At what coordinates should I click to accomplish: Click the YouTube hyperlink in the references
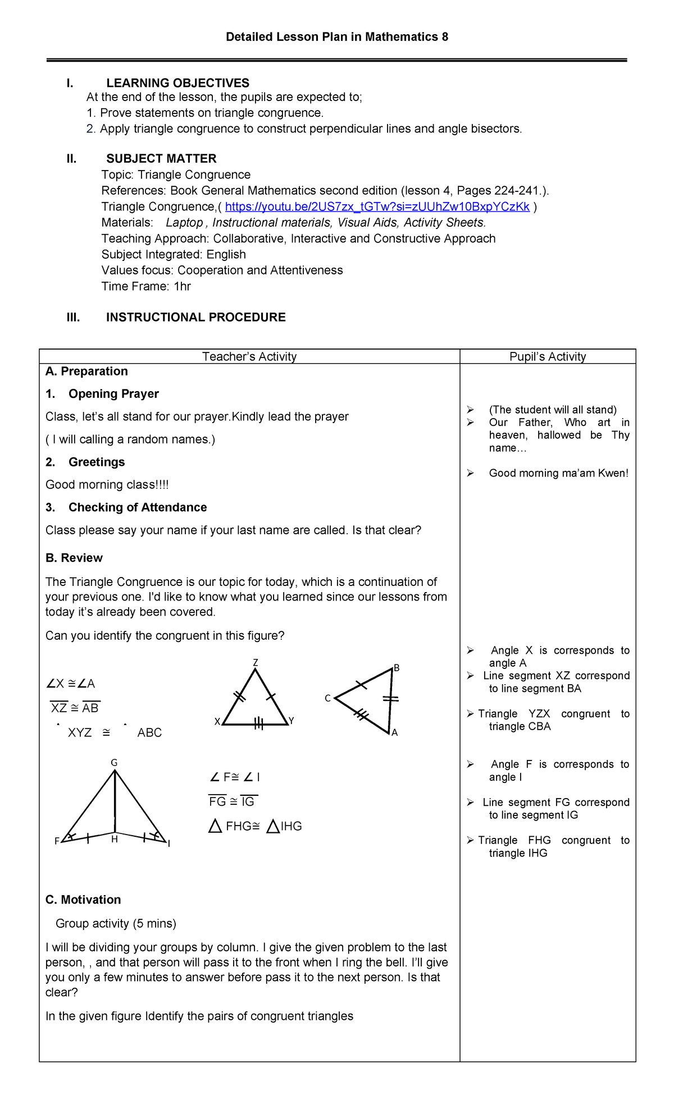[377, 207]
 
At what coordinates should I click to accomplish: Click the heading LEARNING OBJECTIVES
[177, 83]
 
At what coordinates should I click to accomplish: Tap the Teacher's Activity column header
[249, 356]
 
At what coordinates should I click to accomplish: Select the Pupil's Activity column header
[548, 356]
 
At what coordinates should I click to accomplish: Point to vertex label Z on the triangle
[256, 662]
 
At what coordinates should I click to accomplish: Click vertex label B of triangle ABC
[397, 668]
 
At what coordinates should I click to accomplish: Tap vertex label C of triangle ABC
[327, 699]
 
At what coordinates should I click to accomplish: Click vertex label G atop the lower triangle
[114, 763]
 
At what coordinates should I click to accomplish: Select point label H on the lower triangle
[115, 840]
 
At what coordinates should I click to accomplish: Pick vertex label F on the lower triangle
[57, 841]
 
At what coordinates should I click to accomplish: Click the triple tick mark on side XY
[258, 724]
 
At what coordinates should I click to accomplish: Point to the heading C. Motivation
[83, 900]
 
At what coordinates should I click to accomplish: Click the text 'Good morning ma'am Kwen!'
[558, 473]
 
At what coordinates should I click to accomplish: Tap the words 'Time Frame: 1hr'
[146, 286]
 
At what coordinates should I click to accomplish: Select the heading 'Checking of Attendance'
[138, 507]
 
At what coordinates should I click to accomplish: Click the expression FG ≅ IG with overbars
[232, 801]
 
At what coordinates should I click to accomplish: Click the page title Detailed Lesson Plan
[337, 37]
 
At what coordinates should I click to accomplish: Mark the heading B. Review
[74, 558]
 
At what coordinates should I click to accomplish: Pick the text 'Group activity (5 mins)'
[116, 923]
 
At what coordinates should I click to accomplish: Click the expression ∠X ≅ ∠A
[71, 684]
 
